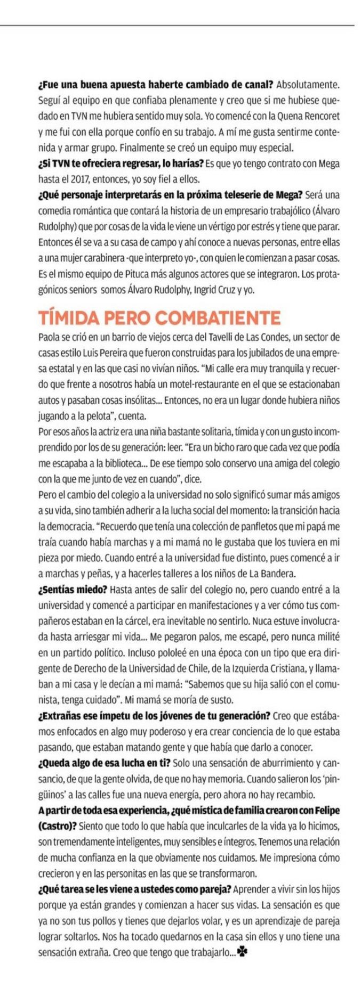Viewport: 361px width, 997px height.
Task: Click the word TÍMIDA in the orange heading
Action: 68,318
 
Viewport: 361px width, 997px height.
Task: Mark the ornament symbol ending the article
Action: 242,952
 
